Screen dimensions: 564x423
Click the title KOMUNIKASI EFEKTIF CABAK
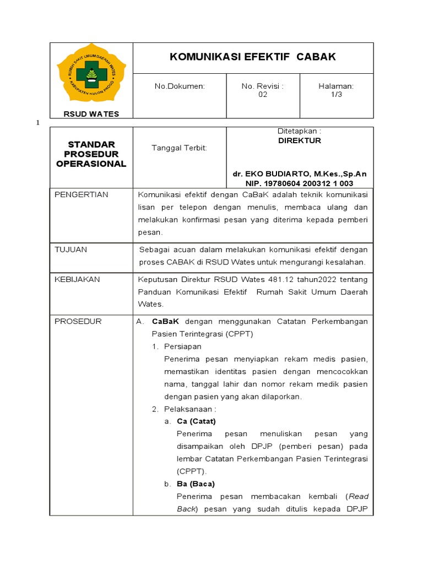pos(253,57)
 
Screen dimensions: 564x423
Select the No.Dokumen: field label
pos(180,86)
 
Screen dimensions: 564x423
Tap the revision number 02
pos(263,94)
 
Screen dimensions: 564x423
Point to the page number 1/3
pos(336,94)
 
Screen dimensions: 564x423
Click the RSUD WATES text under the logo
pos(91,114)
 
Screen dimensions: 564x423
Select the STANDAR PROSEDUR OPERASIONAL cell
pos(91,154)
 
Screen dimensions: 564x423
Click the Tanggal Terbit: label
pos(179,148)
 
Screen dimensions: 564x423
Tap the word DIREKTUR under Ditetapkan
pos(299,140)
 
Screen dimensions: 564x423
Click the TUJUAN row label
pos(71,250)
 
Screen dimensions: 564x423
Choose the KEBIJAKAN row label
pos(77,279)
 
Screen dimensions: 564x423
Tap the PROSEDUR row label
pos(78,321)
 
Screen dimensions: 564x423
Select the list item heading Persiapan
pos(182,346)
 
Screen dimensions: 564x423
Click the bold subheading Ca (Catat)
pos(197,421)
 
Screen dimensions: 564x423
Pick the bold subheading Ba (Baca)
pos(196,484)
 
